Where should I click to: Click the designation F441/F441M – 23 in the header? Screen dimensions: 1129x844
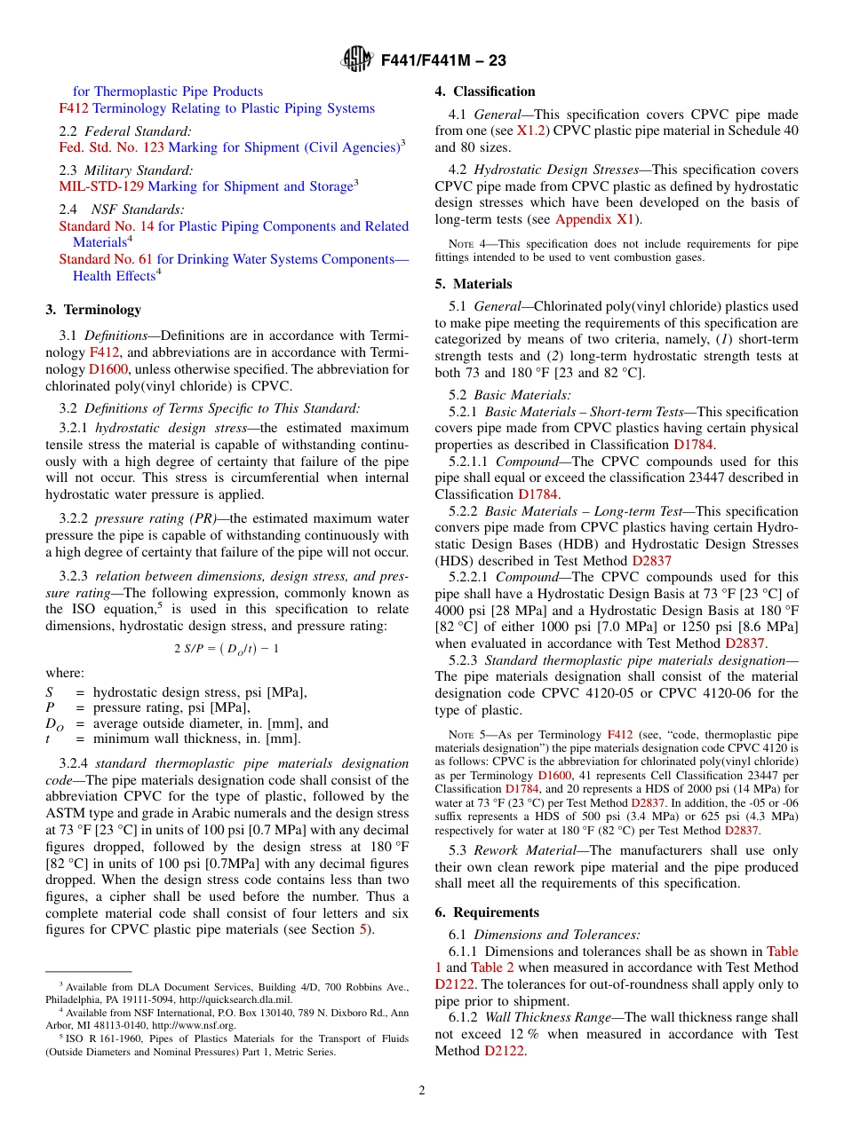coord(443,60)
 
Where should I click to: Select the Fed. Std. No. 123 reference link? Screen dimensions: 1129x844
coord(111,147)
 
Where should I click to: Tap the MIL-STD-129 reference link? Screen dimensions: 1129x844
coord(100,186)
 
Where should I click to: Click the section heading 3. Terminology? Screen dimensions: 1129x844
coord(92,310)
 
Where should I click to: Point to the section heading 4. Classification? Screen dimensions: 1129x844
coord(485,91)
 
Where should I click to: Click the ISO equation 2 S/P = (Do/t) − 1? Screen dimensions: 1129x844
coord(227,648)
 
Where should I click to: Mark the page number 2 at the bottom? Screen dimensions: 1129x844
coord(422,1091)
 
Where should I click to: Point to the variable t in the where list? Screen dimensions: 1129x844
coord(48,738)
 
